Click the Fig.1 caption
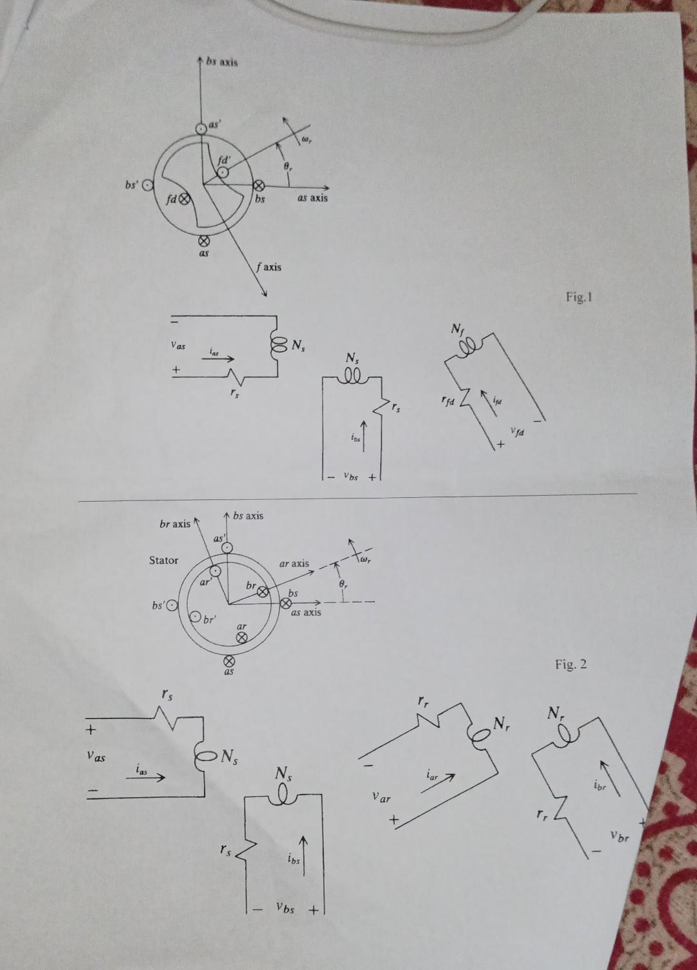click(578, 297)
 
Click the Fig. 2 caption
click(571, 664)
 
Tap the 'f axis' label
click(268, 266)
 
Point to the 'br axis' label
click(175, 524)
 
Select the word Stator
click(163, 560)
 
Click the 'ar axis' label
click(294, 563)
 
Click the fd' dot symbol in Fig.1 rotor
click(223, 173)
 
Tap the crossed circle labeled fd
click(184, 199)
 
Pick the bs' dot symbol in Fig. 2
click(171, 606)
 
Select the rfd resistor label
click(448, 401)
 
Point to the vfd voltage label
click(517, 432)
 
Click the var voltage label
click(381, 798)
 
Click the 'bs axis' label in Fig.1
click(222, 63)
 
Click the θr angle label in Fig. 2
click(343, 584)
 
